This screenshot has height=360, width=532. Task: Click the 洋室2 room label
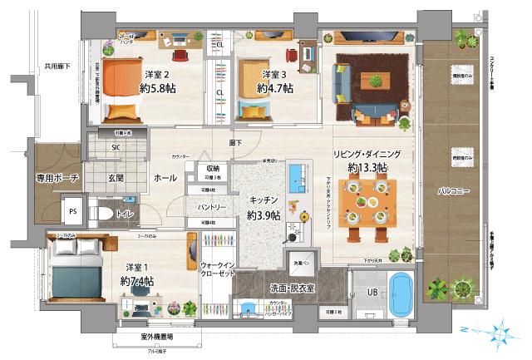coord(156,74)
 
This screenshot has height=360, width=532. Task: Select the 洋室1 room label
coord(136,268)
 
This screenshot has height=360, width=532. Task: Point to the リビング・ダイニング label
coord(368,154)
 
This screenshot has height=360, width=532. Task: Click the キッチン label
coord(264,201)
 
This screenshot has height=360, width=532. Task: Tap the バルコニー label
coord(455,191)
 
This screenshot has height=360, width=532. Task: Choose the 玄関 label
coord(115,177)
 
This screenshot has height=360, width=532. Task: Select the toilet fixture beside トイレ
coord(103,214)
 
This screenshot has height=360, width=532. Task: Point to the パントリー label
coord(212,206)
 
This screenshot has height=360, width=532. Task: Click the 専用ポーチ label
coord(57,177)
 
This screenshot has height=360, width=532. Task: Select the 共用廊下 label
coord(57,66)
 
